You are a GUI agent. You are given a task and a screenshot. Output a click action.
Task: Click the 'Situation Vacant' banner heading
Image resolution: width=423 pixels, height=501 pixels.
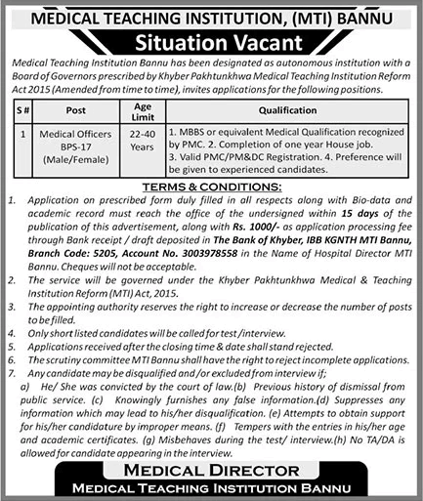211,40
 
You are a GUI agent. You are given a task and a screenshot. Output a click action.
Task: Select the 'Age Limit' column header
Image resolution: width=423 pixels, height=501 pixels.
141,110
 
